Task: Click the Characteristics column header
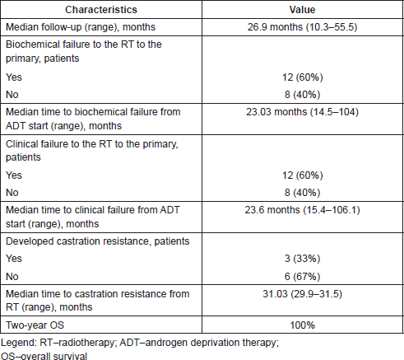(x=101, y=10)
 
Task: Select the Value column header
(x=302, y=10)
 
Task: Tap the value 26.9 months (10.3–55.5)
(x=302, y=27)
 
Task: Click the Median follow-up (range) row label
(x=81, y=27)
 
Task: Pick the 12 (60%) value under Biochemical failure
(x=302, y=77)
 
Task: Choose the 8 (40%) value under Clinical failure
(x=302, y=193)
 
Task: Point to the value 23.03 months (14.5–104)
(x=302, y=112)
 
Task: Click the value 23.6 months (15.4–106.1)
(x=302, y=210)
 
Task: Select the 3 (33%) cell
(x=302, y=259)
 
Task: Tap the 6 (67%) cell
(x=302, y=276)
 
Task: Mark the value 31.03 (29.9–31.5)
(x=302, y=294)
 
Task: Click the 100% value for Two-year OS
(x=302, y=325)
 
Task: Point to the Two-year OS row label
(x=35, y=325)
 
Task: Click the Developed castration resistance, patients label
(x=98, y=241)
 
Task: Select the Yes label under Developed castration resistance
(x=14, y=259)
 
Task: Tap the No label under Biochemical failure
(x=12, y=95)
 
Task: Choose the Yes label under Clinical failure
(x=14, y=175)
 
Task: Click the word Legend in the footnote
(x=18, y=343)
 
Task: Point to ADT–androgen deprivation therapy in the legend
(x=199, y=343)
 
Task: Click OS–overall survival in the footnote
(x=44, y=356)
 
